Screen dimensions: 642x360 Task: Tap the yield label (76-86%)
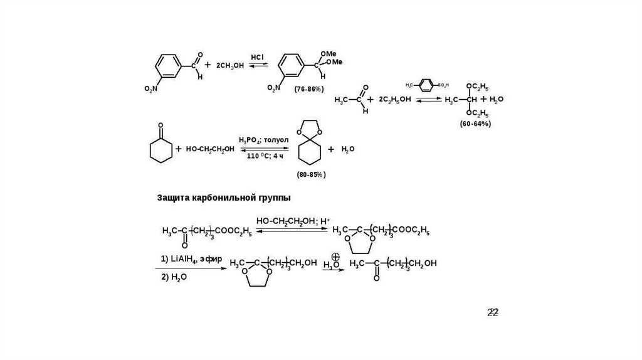click(x=309, y=89)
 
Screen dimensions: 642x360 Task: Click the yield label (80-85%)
click(x=312, y=174)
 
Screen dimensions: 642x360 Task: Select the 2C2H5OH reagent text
click(x=395, y=100)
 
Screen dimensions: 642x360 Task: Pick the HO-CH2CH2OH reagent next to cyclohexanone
click(x=210, y=149)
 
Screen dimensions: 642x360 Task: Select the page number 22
click(x=493, y=313)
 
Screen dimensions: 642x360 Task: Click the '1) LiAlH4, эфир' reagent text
click(x=188, y=258)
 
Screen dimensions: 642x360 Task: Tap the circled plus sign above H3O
click(x=335, y=257)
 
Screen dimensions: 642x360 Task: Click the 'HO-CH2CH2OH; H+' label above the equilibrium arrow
click(x=292, y=221)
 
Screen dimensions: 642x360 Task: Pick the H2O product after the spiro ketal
click(x=348, y=150)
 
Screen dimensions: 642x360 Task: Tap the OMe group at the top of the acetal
click(x=328, y=55)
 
